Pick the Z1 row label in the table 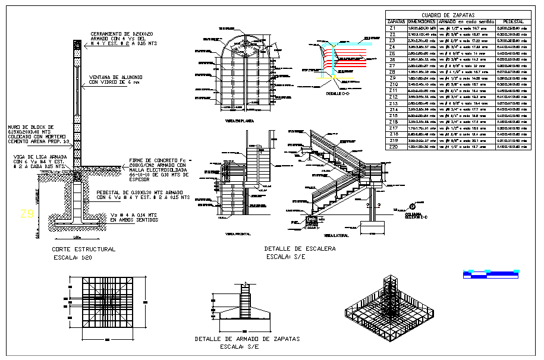[392, 28]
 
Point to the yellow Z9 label [26, 213]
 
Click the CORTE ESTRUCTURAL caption [84, 250]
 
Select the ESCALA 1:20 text [76, 258]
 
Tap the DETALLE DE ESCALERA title [300, 249]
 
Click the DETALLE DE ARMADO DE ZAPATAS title [247, 339]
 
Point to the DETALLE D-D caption [337, 94]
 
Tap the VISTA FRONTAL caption [237, 234]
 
